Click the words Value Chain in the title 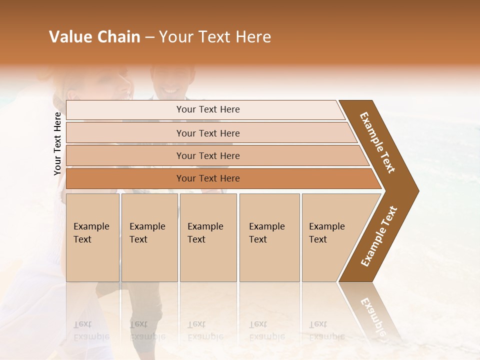click(94, 37)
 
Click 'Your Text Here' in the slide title click(215, 37)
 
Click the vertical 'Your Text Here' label click(57, 143)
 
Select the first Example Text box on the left click(92, 237)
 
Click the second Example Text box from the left click(149, 237)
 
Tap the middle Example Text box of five click(208, 237)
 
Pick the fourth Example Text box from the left click(269, 237)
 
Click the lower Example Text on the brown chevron click(379, 236)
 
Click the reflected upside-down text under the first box click(91, 330)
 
